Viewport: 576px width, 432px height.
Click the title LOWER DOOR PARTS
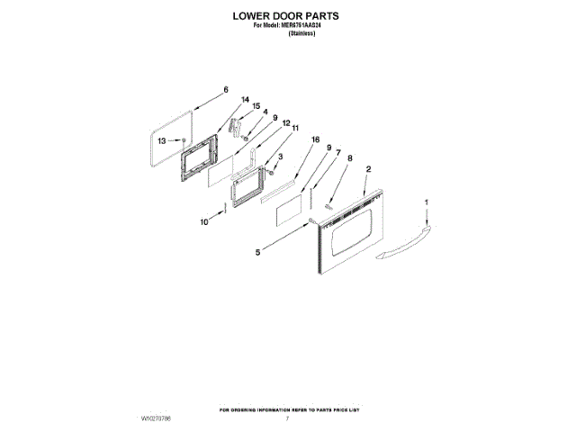click(287, 16)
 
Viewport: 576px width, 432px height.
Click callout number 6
click(226, 90)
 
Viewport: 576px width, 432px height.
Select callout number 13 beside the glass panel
click(162, 141)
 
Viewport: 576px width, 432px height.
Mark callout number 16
click(315, 140)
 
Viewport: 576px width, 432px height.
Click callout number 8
click(350, 158)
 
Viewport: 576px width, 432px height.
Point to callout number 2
click(369, 169)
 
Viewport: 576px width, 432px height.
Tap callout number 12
click(285, 123)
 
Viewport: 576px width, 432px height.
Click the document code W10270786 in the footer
click(157, 419)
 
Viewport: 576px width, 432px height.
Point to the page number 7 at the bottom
click(286, 419)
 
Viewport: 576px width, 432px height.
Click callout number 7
click(338, 153)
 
